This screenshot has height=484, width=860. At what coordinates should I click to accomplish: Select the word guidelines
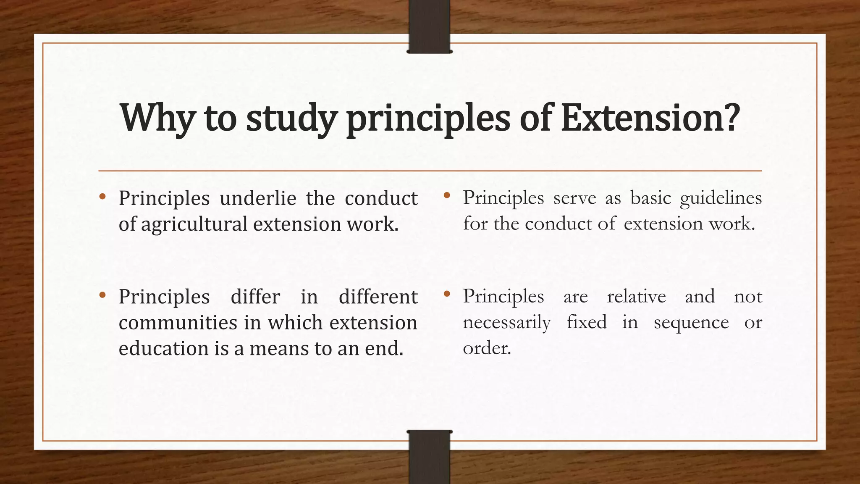point(721,198)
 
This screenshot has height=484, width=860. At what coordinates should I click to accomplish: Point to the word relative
point(636,297)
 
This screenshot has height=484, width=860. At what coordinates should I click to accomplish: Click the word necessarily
point(506,323)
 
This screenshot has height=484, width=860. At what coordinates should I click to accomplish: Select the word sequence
point(691,323)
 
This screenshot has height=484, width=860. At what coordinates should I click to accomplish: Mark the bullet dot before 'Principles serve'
point(447,195)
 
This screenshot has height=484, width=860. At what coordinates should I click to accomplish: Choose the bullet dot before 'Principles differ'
point(102,295)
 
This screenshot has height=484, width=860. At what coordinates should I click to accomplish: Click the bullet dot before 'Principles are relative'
point(447,295)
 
